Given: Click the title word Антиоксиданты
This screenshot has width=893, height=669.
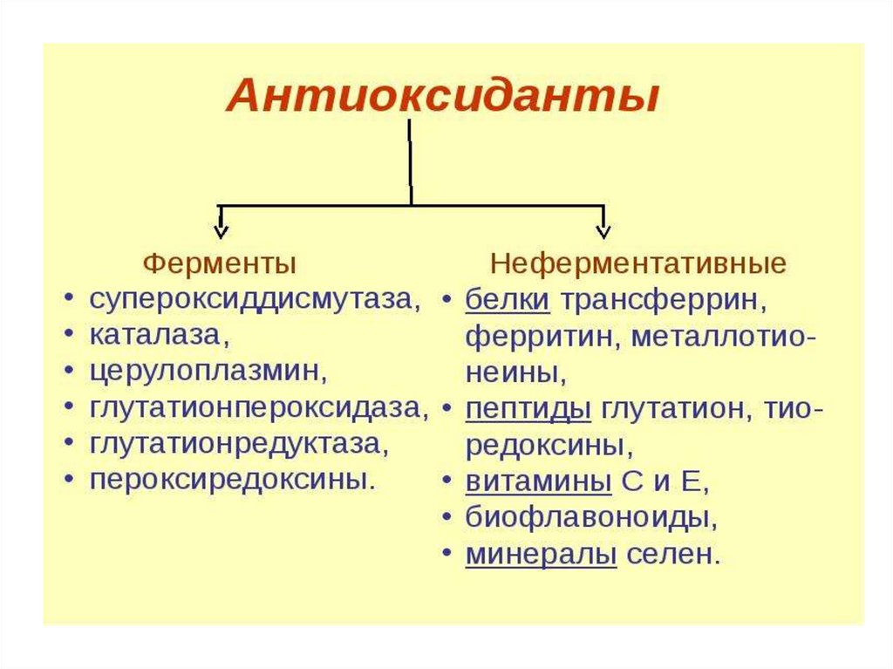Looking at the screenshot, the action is [x=442, y=95].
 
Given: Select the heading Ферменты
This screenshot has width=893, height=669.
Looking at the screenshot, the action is [x=219, y=263].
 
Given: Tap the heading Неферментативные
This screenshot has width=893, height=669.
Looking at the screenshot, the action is [x=638, y=263].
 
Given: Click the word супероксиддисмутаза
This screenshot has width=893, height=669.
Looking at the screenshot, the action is [x=250, y=299].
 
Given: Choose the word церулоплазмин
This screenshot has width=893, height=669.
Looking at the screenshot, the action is [x=208, y=371].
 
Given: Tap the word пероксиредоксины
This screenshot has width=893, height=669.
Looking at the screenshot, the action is [x=228, y=479].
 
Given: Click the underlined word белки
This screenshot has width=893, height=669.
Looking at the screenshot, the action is [x=508, y=299].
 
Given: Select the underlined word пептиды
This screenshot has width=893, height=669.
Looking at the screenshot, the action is [x=528, y=407].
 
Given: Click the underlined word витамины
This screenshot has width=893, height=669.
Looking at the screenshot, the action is [x=537, y=481].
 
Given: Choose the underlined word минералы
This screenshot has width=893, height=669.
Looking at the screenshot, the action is [x=541, y=554].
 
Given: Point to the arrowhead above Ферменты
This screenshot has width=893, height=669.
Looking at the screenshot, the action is [x=222, y=230].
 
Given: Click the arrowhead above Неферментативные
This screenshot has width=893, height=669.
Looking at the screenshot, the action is [x=602, y=230].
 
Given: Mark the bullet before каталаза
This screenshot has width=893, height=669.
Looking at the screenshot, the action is [x=69, y=336].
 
